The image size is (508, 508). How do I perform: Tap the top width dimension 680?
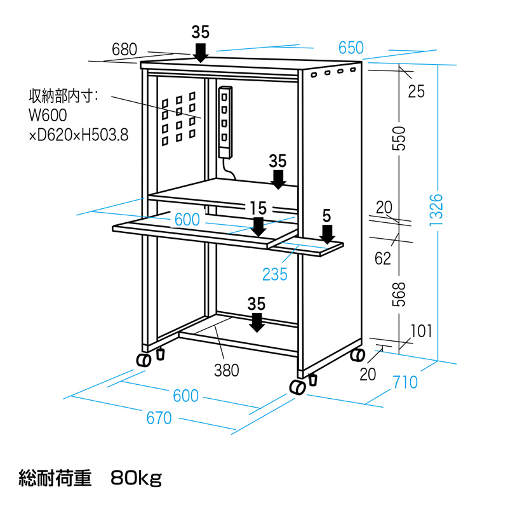tap(124, 49)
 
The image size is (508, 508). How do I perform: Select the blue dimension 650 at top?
tap(351, 48)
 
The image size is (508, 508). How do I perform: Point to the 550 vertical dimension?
tap(398, 135)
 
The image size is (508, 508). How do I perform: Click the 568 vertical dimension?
tap(398, 294)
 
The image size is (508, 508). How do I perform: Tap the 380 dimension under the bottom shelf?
tap(226, 370)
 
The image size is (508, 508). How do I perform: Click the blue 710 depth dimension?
tap(405, 382)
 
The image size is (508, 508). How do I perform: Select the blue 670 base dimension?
tap(159, 418)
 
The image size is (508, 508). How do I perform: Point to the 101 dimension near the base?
tap(421, 330)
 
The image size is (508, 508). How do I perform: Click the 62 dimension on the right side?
tap(383, 258)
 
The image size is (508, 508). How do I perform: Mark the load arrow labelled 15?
tap(258, 226)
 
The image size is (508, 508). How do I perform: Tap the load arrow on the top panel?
tap(200, 52)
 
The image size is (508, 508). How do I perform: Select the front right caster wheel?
tap(297, 387)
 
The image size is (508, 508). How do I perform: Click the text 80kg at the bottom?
tap(136, 476)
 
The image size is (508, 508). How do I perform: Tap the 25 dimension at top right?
tap(416, 91)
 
